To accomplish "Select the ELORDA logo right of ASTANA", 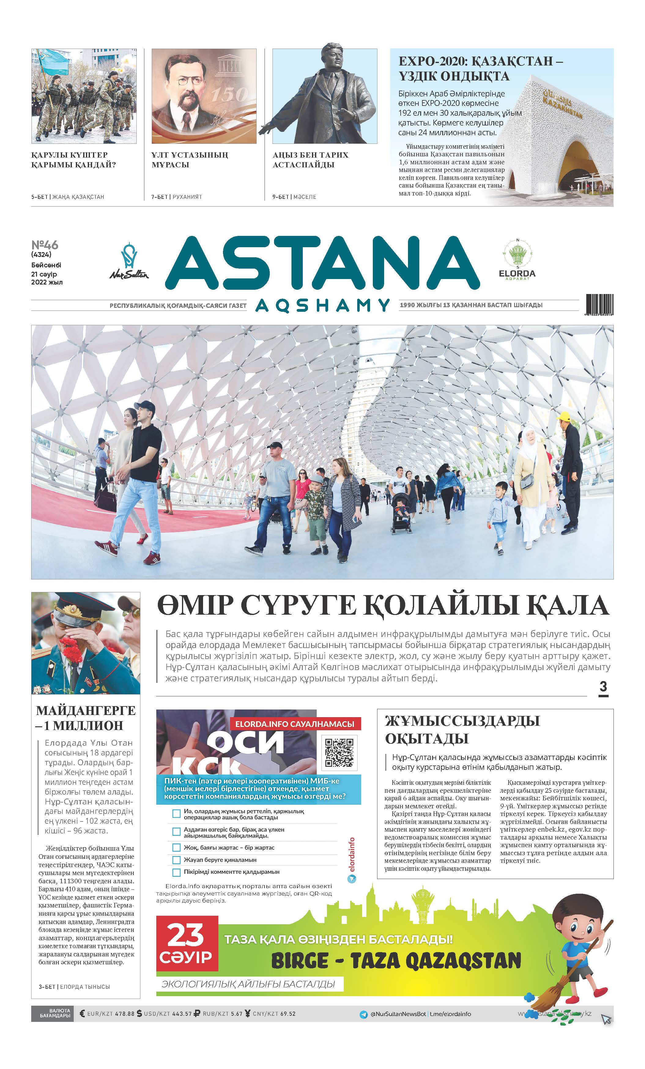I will pos(517,259).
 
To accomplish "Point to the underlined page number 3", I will pos(603,687).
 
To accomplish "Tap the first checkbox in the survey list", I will pos(176,814).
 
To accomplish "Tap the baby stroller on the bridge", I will pos(401,514).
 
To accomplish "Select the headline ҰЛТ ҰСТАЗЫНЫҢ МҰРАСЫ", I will pos(190,160).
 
